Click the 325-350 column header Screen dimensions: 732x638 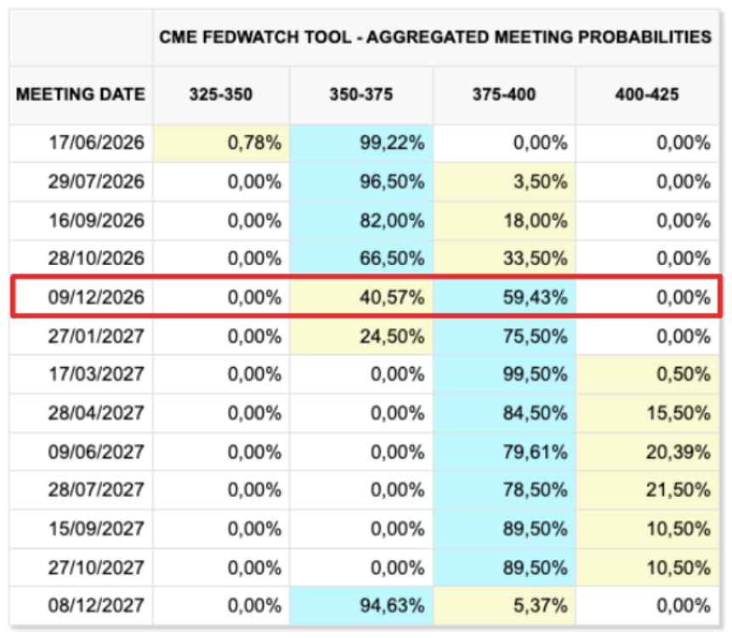pyautogui.click(x=221, y=94)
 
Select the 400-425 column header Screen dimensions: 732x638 pyautogui.click(x=647, y=94)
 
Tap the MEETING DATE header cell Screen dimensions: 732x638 pyautogui.click(x=80, y=94)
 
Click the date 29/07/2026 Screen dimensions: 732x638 pyautogui.click(x=96, y=182)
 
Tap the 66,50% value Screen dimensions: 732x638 pyautogui.click(x=392, y=258)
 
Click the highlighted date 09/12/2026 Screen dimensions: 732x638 pyautogui.click(x=96, y=297)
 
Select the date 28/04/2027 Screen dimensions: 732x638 pyautogui.click(x=96, y=413)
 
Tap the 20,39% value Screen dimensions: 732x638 pyautogui.click(x=678, y=452)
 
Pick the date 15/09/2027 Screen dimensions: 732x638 pyautogui.click(x=96, y=529)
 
